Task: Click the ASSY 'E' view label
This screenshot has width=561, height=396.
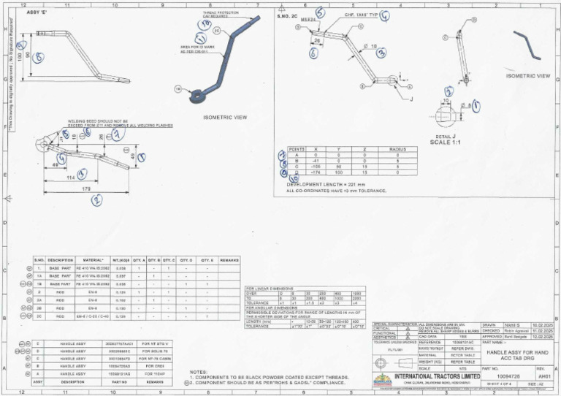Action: click(36, 12)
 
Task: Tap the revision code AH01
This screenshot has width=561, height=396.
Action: click(543, 378)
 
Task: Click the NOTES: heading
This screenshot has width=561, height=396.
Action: click(198, 371)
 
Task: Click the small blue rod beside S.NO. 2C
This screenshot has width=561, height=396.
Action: click(527, 44)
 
